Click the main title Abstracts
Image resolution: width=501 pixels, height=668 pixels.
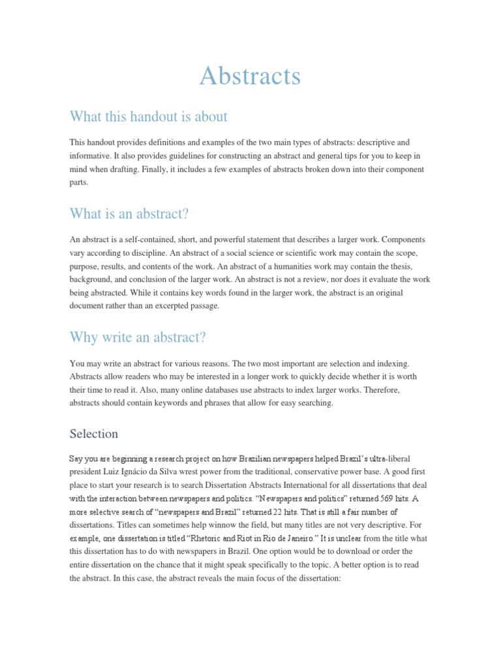point(250,76)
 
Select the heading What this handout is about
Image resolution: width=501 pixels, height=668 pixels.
point(148,117)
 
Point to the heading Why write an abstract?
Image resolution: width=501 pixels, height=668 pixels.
point(138,337)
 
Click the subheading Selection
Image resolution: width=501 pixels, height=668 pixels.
point(94,434)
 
